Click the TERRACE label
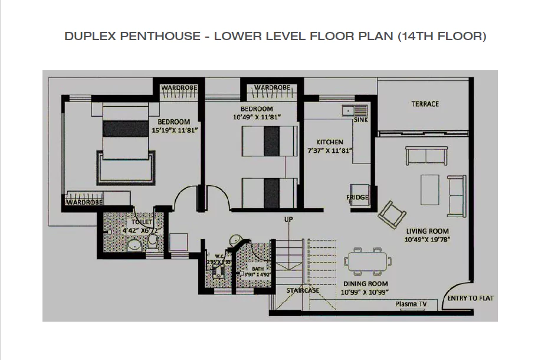(x=425, y=104)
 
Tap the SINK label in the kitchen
(x=360, y=120)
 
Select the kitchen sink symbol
(x=355, y=110)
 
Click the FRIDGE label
(x=357, y=197)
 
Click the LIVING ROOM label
(x=427, y=231)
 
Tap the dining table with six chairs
(x=369, y=261)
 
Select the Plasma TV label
(x=411, y=304)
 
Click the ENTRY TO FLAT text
(x=470, y=298)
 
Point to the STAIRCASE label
(x=303, y=290)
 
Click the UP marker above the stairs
(x=288, y=220)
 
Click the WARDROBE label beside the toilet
(x=84, y=202)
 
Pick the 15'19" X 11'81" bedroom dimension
(x=174, y=130)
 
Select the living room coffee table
(x=429, y=189)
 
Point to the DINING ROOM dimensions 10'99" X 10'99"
(x=364, y=292)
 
